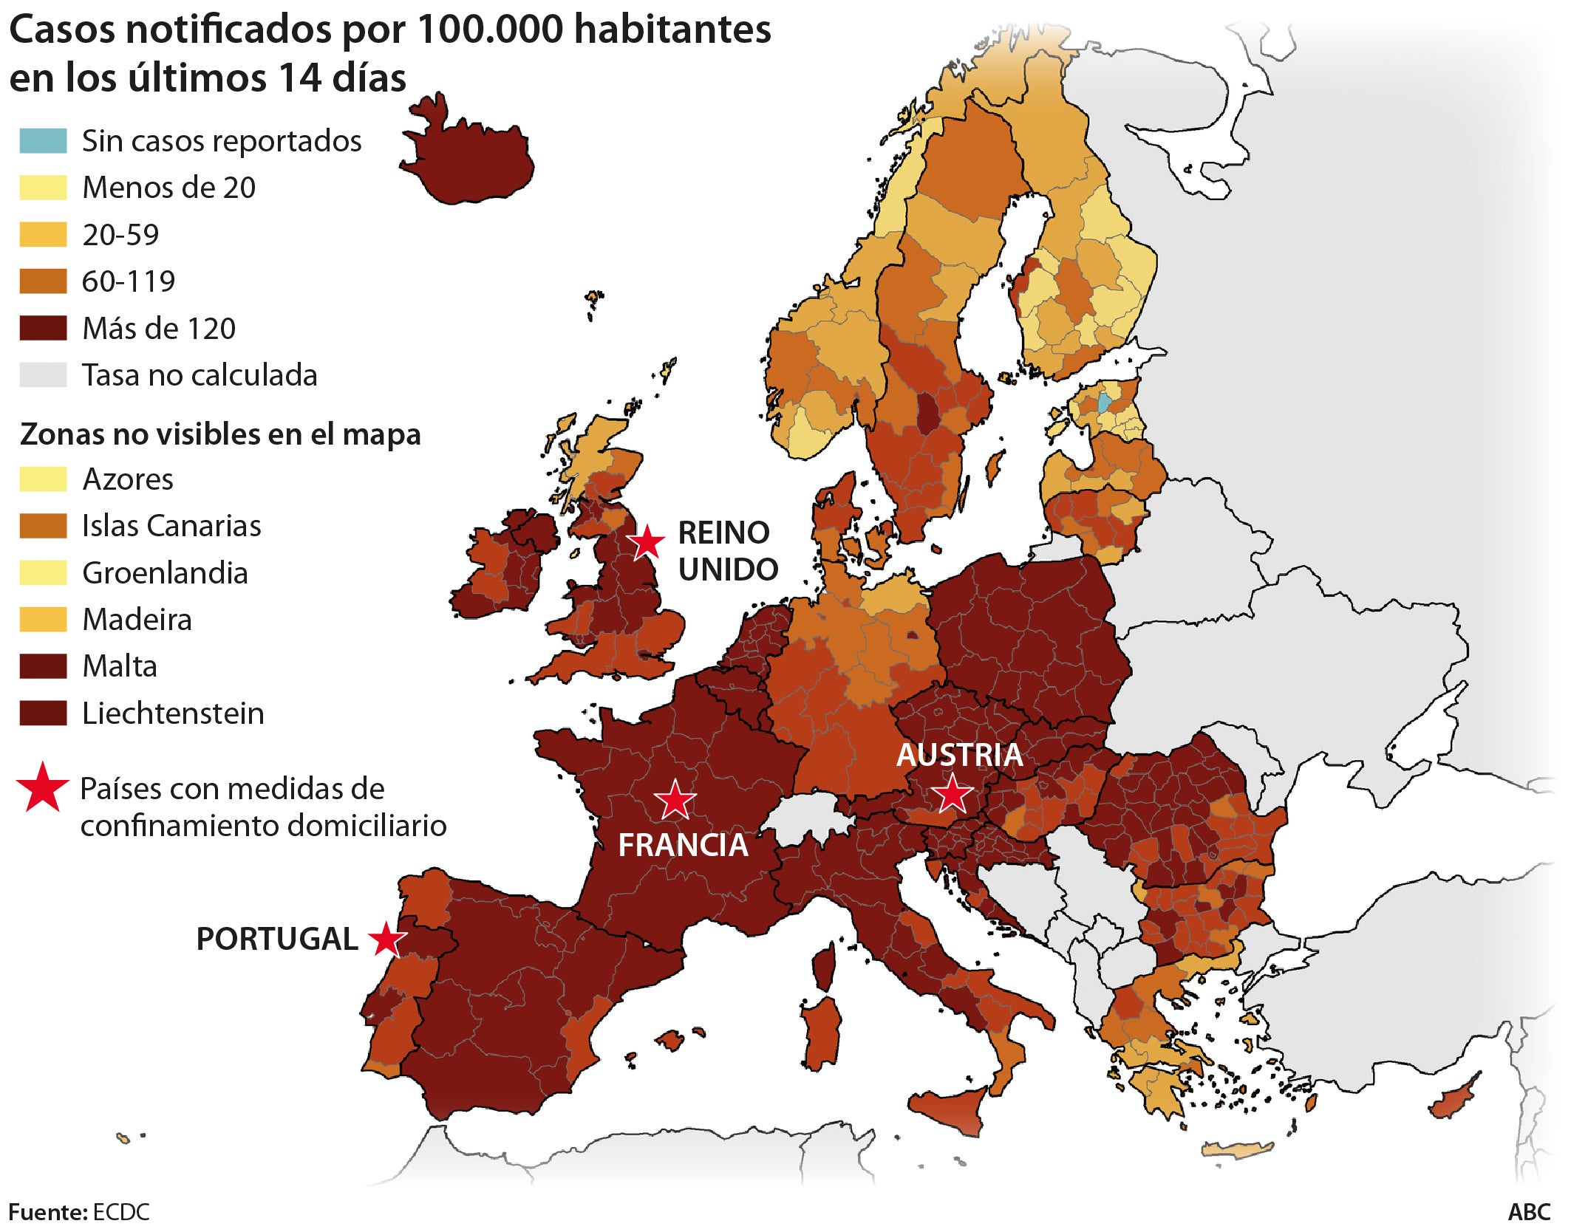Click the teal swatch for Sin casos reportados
[x=43, y=141]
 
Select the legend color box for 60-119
[x=43, y=281]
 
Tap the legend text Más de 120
[x=159, y=329]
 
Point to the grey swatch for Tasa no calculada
[x=43, y=375]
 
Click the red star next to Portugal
[x=387, y=940]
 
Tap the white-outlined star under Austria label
[x=952, y=794]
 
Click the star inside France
[x=675, y=800]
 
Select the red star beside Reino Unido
[x=647, y=542]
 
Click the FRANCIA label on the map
[x=683, y=845]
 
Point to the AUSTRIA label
[x=959, y=755]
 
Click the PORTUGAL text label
[x=277, y=939]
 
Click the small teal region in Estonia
[x=1103, y=403]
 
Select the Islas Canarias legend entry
[x=171, y=526]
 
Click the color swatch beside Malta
[x=43, y=666]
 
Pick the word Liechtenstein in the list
[x=173, y=713]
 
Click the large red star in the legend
[x=42, y=787]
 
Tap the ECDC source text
[x=121, y=1212]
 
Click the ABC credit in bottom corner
[x=1529, y=1212]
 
